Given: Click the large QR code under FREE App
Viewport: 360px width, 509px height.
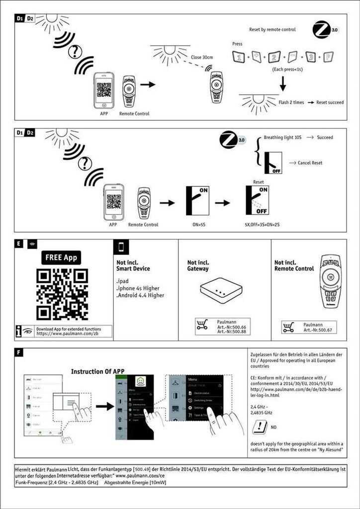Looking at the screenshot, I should [x=62, y=294].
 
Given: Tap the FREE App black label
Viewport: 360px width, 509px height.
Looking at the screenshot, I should [x=62, y=257].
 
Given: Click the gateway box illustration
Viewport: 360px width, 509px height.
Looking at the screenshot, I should [x=221, y=290].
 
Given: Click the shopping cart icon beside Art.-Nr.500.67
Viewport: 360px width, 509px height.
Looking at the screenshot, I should [x=288, y=327].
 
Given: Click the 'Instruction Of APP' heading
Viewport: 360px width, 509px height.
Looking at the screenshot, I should [x=97, y=371].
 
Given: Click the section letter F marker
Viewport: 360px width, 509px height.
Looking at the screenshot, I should [x=18, y=353].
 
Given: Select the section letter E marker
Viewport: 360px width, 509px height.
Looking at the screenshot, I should [x=18, y=244].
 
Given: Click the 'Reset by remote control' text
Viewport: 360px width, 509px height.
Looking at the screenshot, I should [x=272, y=30].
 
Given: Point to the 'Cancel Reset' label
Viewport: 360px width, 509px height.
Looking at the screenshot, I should [x=310, y=163].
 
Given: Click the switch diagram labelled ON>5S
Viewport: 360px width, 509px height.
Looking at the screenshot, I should [x=198, y=201].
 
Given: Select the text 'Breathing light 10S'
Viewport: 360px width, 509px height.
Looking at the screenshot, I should [x=282, y=137].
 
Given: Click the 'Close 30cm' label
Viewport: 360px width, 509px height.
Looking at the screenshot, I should [x=202, y=58].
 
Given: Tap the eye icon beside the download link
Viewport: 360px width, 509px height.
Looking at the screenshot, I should [x=28, y=331].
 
